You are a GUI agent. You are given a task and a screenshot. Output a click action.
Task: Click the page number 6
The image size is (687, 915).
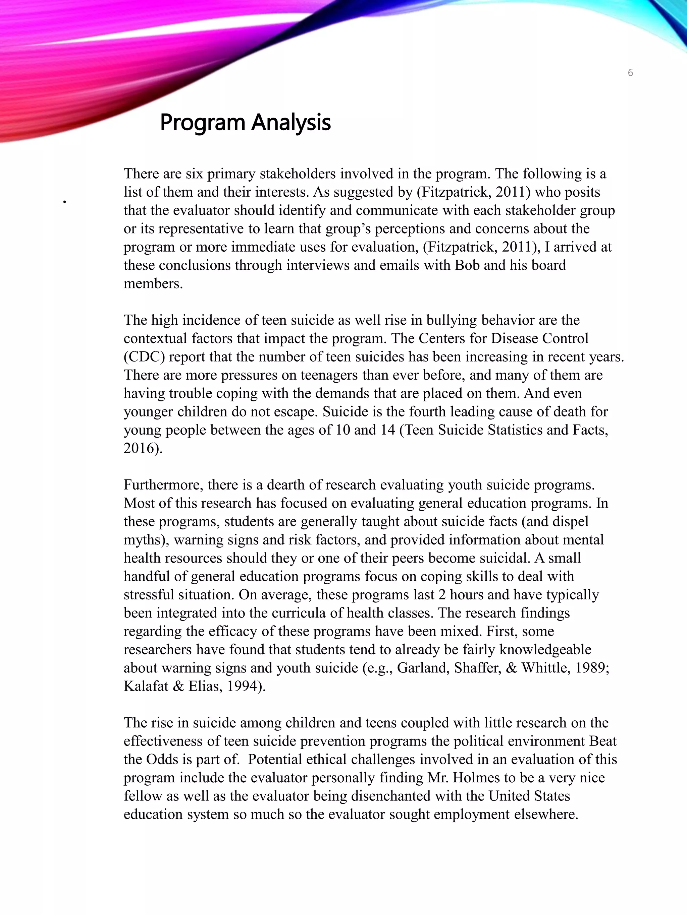coord(630,73)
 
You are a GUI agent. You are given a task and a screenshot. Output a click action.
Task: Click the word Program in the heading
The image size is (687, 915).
coord(203,123)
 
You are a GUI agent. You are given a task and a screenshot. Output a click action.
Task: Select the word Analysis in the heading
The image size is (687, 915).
coord(291,123)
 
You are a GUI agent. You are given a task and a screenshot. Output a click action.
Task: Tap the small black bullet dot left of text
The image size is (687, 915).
coord(65,202)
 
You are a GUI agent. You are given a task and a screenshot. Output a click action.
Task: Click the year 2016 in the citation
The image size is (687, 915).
coord(139,448)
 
